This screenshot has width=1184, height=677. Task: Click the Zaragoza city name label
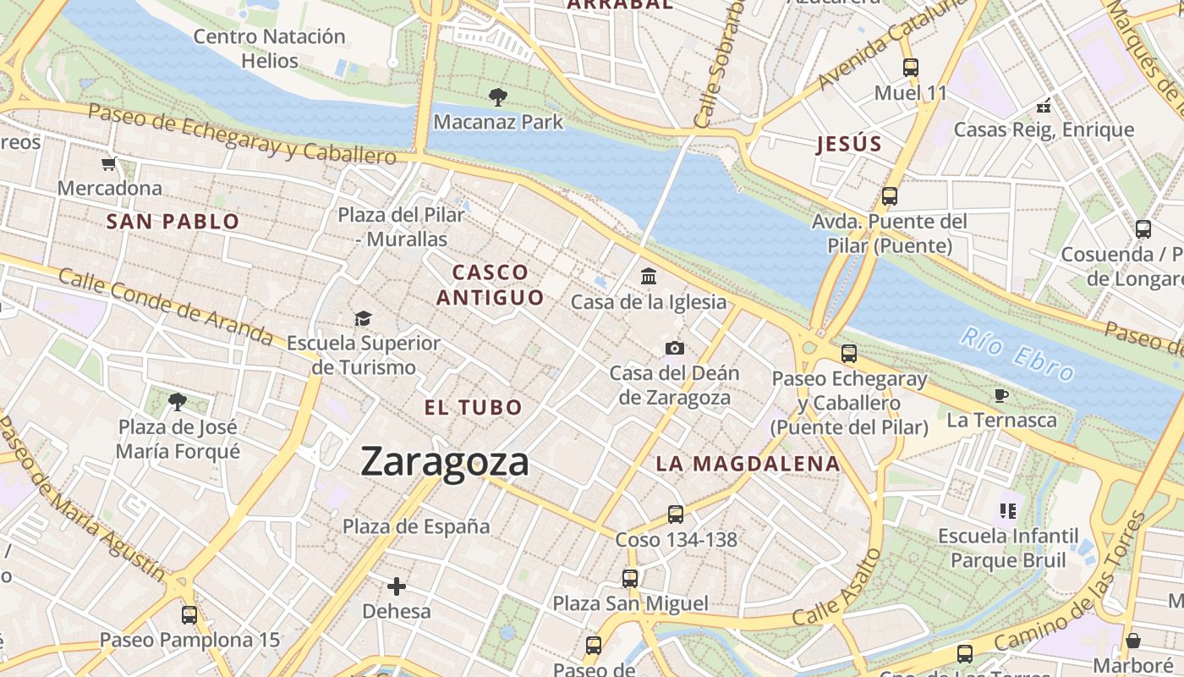445,462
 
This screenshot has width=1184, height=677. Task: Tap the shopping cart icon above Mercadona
108,164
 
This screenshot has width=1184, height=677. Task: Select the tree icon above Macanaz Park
498,97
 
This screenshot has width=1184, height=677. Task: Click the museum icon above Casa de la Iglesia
649,277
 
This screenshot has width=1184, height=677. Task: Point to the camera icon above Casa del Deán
674,348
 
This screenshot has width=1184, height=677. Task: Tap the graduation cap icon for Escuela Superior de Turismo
363,318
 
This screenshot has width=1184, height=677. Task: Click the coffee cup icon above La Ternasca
1001,395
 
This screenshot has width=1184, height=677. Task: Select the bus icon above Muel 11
911,68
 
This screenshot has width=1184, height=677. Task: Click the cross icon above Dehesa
396,586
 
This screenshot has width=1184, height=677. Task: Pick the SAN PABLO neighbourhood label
173,222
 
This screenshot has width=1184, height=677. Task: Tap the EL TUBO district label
473,407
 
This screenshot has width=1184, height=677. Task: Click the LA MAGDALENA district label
748,464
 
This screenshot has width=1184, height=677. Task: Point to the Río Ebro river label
1017,355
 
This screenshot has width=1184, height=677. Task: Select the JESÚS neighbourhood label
848,144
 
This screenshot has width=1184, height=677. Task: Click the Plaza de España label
416,526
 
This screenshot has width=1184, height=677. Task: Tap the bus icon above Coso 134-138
675,514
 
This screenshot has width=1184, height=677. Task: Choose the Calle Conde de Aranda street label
165,307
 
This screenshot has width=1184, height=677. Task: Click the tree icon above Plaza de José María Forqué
177,401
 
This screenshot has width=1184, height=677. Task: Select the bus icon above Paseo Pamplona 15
189,615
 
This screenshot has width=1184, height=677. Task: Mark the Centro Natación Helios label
269,48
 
